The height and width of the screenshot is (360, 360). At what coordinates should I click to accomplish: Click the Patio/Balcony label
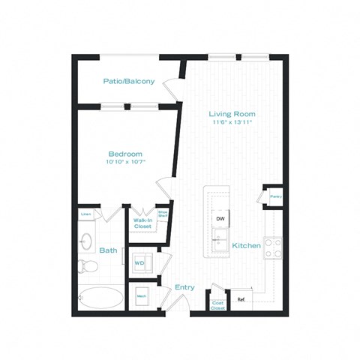coord(129,80)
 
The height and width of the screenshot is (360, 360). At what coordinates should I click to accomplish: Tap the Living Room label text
coord(232,114)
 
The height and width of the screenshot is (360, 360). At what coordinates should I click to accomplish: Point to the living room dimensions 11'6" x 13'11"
coord(232,121)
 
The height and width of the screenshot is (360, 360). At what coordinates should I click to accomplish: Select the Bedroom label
coord(124,153)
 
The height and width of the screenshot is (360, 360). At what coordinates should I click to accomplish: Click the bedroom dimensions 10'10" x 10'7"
coord(124,161)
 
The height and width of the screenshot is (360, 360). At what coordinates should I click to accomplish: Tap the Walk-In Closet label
coord(143,223)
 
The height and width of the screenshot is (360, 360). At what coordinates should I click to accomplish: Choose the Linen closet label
coord(87,214)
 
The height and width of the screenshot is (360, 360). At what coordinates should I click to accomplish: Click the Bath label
coord(108,250)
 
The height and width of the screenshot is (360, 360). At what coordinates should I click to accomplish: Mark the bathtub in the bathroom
coord(100,298)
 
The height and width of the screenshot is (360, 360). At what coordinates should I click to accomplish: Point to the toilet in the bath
coord(86,265)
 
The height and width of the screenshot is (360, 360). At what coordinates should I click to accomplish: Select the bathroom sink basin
coord(86,241)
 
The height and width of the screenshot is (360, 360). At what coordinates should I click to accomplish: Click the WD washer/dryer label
coord(139,263)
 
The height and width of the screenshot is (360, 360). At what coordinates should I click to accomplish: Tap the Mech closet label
coord(141,296)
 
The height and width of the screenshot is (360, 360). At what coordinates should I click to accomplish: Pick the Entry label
coord(184,287)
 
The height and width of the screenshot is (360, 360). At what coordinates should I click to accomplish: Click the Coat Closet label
coord(218,305)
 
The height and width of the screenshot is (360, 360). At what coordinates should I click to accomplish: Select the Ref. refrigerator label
coord(241,299)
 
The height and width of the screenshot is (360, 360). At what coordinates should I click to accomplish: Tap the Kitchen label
coord(247,246)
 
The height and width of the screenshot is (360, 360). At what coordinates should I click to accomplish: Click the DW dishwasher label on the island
coord(220,219)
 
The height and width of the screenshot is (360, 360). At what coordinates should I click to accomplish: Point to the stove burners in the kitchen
coord(272,248)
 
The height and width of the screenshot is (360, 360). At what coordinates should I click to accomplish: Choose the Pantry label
coord(275,197)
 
